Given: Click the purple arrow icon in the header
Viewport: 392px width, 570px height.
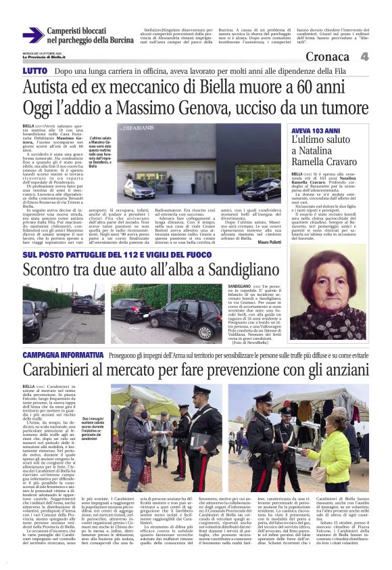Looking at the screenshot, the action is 32,35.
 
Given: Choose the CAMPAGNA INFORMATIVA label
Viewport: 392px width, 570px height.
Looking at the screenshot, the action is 64,355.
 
